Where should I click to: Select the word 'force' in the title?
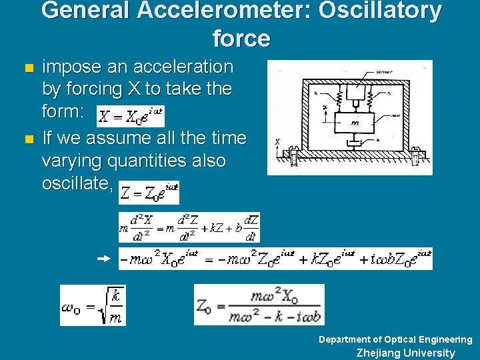tap(241, 39)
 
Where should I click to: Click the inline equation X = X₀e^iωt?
tap(131, 116)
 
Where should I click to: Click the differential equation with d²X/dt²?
tap(189, 227)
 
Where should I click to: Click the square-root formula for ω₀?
tap(92, 305)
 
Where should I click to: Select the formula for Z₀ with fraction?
tap(259, 305)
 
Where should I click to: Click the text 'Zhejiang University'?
tap(405, 353)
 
